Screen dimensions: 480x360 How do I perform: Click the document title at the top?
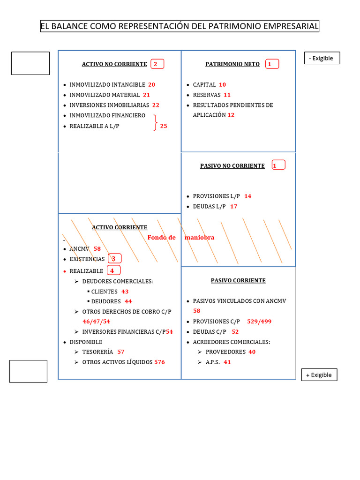pos(180,26)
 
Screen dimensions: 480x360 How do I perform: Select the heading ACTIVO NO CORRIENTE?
pos(114,64)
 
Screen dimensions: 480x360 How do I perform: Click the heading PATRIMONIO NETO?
pos(232,64)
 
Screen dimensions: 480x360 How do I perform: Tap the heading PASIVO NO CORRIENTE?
pos(232,166)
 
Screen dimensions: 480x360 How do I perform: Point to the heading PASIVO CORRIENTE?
pos(238,280)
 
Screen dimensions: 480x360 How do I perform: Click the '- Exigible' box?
pos(322,58)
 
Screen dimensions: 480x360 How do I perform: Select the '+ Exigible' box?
pos(319,375)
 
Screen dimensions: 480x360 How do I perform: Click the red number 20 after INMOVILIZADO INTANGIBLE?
pos(151,85)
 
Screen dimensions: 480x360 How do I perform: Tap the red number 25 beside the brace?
pos(164,126)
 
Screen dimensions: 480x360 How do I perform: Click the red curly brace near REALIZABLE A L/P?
pos(156,123)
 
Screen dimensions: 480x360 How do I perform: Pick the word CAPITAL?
pos(204,85)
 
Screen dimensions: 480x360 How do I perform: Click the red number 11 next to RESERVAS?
pos(227,95)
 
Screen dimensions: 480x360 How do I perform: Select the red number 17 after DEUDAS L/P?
pos(233,207)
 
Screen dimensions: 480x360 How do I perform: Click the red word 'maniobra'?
pos(199,238)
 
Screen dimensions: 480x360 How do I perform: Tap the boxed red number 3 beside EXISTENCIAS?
pos(113,259)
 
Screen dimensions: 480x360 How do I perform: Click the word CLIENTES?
pos(104,292)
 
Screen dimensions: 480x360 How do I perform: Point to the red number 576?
pos(159,362)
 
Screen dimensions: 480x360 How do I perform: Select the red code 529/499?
pos(259,322)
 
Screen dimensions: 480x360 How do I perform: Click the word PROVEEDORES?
pos(225,352)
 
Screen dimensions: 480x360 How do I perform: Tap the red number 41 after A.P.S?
pos(227,362)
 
